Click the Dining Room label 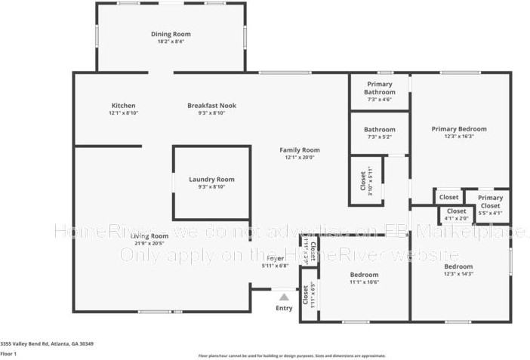(x=171, y=34)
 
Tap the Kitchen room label (x=123, y=106)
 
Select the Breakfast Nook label (x=211, y=106)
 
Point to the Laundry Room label (x=211, y=180)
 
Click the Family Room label (x=299, y=149)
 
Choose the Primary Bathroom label (x=380, y=88)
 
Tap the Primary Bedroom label (x=458, y=129)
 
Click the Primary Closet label (x=490, y=202)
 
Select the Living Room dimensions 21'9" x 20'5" (x=149, y=244)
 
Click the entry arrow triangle (x=283, y=297)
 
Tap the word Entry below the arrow (x=284, y=308)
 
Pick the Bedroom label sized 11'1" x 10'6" (x=364, y=275)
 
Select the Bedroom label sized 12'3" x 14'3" (x=458, y=267)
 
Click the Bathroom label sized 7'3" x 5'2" (x=380, y=129)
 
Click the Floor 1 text (x=8, y=353)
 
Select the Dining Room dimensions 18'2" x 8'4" (x=171, y=42)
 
